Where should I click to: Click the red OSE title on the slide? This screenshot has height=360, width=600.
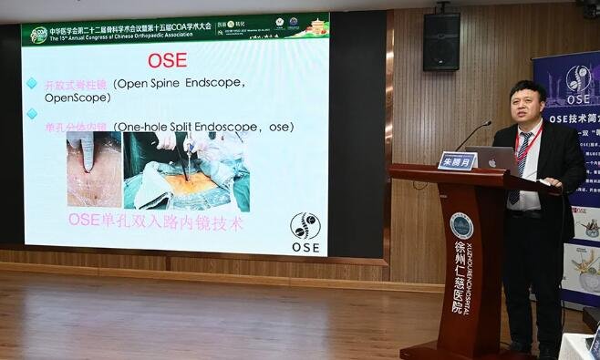coord(167,61)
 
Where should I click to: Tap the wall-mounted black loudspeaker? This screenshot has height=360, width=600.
coord(441,41)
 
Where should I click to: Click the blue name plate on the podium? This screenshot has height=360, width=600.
coord(457,160)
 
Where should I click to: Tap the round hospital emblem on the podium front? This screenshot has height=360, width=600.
coord(461,224)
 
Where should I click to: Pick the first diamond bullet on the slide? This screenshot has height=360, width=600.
coord(32,84)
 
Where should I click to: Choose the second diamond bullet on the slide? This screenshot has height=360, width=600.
coord(32,114)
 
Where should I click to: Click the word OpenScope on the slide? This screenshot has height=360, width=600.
coord(83,98)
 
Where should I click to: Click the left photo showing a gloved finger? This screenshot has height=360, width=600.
coord(93,169)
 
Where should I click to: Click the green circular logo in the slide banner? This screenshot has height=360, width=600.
coord(38,35)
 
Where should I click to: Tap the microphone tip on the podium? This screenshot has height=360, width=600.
coord(489,123)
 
